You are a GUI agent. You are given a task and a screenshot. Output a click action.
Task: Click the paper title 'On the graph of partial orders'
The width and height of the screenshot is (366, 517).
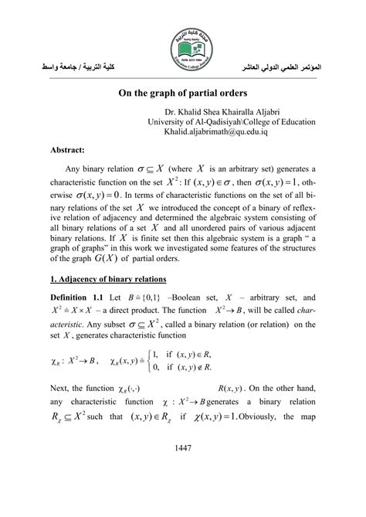[183, 91]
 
